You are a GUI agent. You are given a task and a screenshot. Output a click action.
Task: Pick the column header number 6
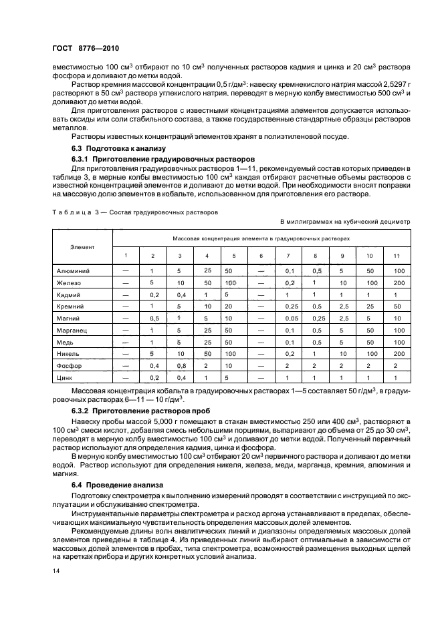(261, 256)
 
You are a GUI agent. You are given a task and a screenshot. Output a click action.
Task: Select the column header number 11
(397, 256)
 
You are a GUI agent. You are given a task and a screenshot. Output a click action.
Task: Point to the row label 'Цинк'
(65, 378)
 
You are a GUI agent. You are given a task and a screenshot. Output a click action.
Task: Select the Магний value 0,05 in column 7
(289, 319)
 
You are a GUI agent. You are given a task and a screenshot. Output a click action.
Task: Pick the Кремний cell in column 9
(341, 306)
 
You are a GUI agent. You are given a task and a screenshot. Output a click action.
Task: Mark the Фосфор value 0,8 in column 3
(179, 366)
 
